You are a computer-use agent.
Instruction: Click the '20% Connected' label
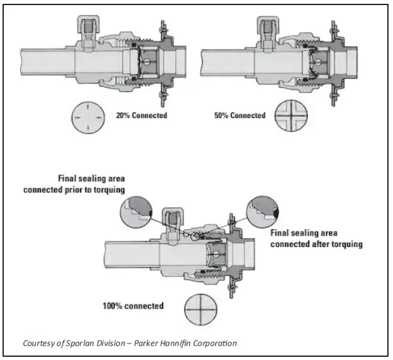(142, 116)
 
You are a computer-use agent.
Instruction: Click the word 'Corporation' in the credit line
(215, 343)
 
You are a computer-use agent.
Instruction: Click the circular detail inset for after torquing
(264, 210)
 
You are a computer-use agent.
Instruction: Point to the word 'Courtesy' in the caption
(39, 343)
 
